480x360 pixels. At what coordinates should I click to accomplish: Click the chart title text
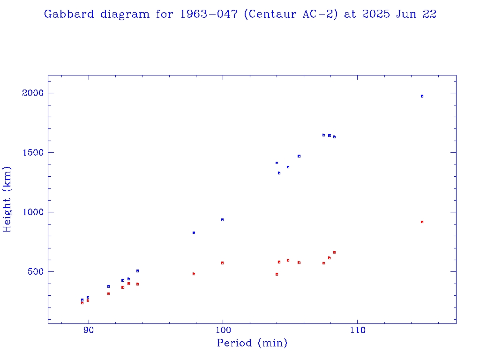tap(240, 14)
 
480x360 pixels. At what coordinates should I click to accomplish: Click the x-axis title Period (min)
tap(252, 343)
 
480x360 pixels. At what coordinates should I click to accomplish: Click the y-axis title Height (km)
tap(7, 199)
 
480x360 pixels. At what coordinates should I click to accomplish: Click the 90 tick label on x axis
tap(88, 331)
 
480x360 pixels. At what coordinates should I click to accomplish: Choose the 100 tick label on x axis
tap(223, 331)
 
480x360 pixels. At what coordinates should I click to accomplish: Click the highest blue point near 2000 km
tap(422, 96)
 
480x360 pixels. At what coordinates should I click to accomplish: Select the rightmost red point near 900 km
tap(422, 222)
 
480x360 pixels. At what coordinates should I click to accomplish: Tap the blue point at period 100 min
tap(222, 220)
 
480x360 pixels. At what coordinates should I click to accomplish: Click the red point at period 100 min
tap(222, 263)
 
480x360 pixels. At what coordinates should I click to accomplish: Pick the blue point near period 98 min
tap(194, 232)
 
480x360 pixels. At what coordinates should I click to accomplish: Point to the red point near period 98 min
tap(194, 274)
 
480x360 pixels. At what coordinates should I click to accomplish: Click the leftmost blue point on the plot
tap(82, 300)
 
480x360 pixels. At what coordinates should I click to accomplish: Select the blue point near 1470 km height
tap(299, 156)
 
